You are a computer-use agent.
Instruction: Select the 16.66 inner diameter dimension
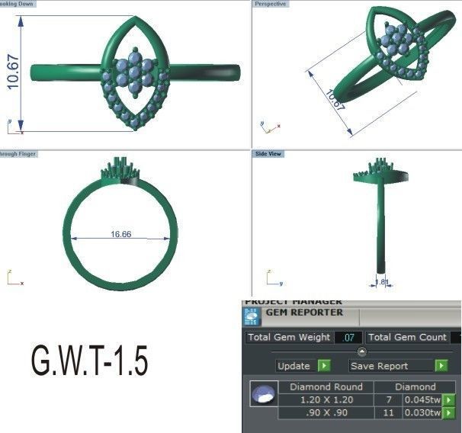click(121, 234)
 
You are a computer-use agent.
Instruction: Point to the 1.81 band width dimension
click(383, 282)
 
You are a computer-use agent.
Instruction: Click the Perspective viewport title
click(271, 4)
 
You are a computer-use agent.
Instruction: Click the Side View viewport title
click(268, 153)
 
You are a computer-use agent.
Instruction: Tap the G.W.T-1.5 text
click(89, 361)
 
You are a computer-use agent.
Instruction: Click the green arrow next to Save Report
click(441, 366)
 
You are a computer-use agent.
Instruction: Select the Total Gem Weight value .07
click(349, 337)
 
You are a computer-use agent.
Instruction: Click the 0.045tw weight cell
click(422, 400)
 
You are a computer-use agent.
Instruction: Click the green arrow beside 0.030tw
click(449, 413)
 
